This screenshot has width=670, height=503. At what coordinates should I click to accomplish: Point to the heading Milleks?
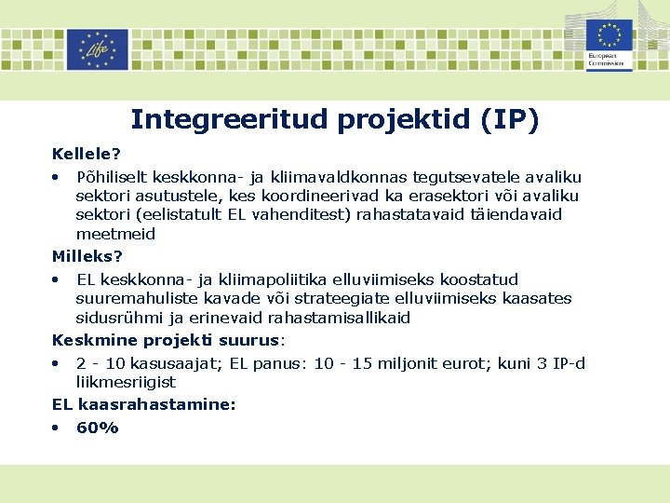click(87, 256)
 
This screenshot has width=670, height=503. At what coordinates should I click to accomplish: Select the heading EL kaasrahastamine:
click(144, 404)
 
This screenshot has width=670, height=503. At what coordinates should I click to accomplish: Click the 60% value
click(98, 428)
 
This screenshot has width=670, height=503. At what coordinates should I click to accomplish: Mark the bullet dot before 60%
click(57, 428)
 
